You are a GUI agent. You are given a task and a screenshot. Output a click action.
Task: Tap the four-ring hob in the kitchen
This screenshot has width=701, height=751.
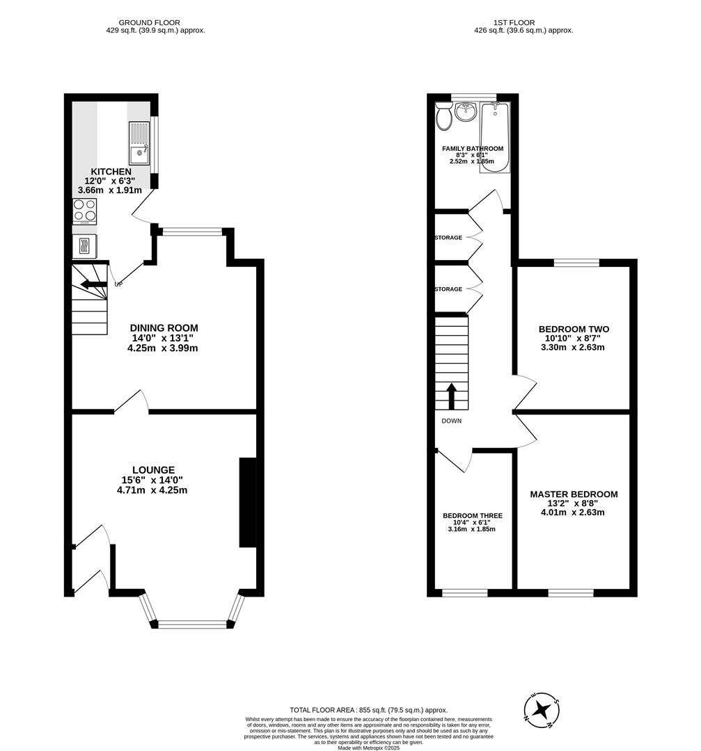click(84, 211)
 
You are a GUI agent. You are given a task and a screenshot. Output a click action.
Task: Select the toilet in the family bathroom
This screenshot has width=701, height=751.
click(443, 117)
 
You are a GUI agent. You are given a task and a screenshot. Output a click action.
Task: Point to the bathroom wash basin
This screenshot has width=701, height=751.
click(466, 111)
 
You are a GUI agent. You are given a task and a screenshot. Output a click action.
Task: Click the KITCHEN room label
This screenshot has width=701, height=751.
click(111, 172)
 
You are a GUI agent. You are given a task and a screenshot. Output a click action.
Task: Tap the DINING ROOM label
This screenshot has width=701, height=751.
click(164, 328)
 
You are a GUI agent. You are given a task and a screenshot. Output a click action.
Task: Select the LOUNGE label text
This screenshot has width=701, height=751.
click(153, 470)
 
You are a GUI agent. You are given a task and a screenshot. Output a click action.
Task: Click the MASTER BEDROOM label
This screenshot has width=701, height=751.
click(574, 494)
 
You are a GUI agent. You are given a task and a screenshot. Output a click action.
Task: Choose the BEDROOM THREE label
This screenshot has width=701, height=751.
click(473, 516)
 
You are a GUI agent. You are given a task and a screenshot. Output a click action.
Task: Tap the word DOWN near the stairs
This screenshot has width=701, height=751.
click(451, 421)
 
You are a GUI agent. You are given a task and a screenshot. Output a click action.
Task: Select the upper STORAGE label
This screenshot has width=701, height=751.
click(448, 238)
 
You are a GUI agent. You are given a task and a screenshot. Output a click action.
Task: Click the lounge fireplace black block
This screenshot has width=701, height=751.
click(247, 502)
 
